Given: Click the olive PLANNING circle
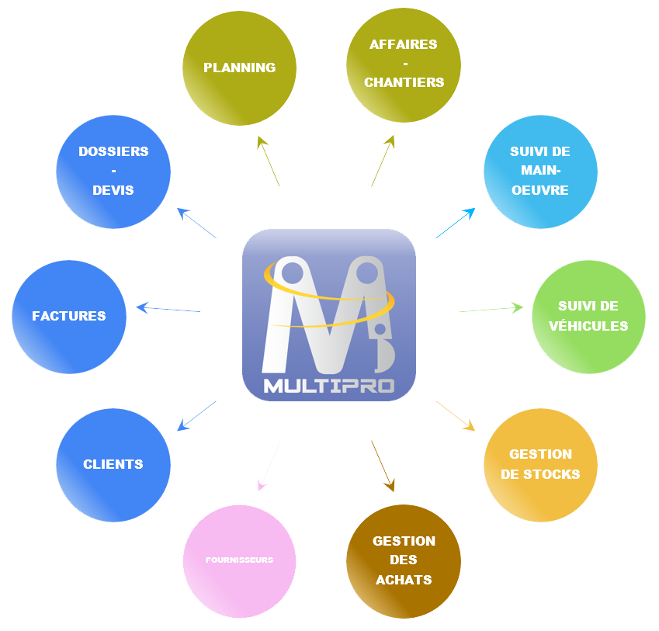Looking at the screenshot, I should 240,68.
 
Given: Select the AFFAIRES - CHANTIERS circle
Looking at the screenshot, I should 404,64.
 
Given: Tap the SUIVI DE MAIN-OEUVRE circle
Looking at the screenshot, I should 540,172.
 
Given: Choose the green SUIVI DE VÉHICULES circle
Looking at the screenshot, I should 588,317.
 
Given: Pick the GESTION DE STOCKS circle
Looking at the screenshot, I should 540,464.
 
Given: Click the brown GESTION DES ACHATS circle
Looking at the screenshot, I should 404,560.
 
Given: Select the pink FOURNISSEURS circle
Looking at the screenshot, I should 240,560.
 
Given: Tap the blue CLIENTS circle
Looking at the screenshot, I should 113,464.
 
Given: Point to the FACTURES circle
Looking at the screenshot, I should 69,317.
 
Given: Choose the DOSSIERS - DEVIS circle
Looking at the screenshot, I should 113,172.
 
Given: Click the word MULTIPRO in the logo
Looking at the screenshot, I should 329,386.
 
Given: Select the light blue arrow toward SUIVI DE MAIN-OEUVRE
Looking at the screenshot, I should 455,224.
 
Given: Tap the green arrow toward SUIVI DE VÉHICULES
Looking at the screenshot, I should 491,310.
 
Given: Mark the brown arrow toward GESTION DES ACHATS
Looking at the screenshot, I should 383,466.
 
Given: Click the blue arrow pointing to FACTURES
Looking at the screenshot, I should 168,309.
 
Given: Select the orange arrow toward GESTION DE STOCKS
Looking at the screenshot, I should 455,414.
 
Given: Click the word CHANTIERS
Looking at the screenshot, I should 404,82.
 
